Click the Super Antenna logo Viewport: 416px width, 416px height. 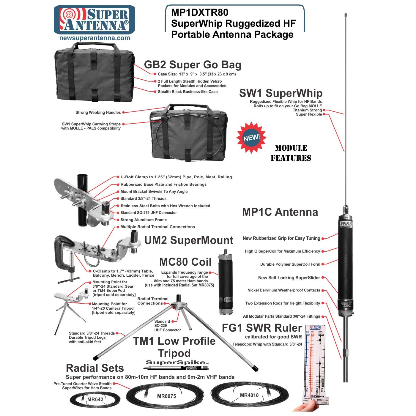pyautogui.click(x=94, y=19)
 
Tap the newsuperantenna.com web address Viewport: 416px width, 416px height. pyautogui.click(x=94, y=38)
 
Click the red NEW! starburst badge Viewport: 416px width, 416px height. pyautogui.click(x=251, y=138)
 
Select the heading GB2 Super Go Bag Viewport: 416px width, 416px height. pyautogui.click(x=193, y=65)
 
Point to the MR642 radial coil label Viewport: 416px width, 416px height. pyautogui.click(x=95, y=399)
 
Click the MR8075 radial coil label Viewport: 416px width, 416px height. pyautogui.click(x=166, y=396)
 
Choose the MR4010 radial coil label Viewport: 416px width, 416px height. pyautogui.click(x=249, y=395)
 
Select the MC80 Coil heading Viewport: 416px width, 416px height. pyautogui.click(x=185, y=262)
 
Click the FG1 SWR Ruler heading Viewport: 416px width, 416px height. pyautogui.click(x=262, y=328)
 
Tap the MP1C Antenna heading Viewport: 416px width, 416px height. pyautogui.click(x=280, y=212)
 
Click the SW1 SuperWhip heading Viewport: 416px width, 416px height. pyautogui.click(x=281, y=93)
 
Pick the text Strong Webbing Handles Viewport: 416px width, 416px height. pyautogui.click(x=98, y=112)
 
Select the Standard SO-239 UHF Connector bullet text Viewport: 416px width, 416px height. pyautogui.click(x=149, y=213)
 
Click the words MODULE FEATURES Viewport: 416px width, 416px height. pyautogui.click(x=291, y=153)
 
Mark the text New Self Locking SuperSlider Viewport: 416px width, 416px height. pyautogui.click(x=289, y=278)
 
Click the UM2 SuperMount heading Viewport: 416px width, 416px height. pyautogui.click(x=189, y=240)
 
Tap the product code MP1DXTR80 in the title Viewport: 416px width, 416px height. pyautogui.click(x=200, y=12)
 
